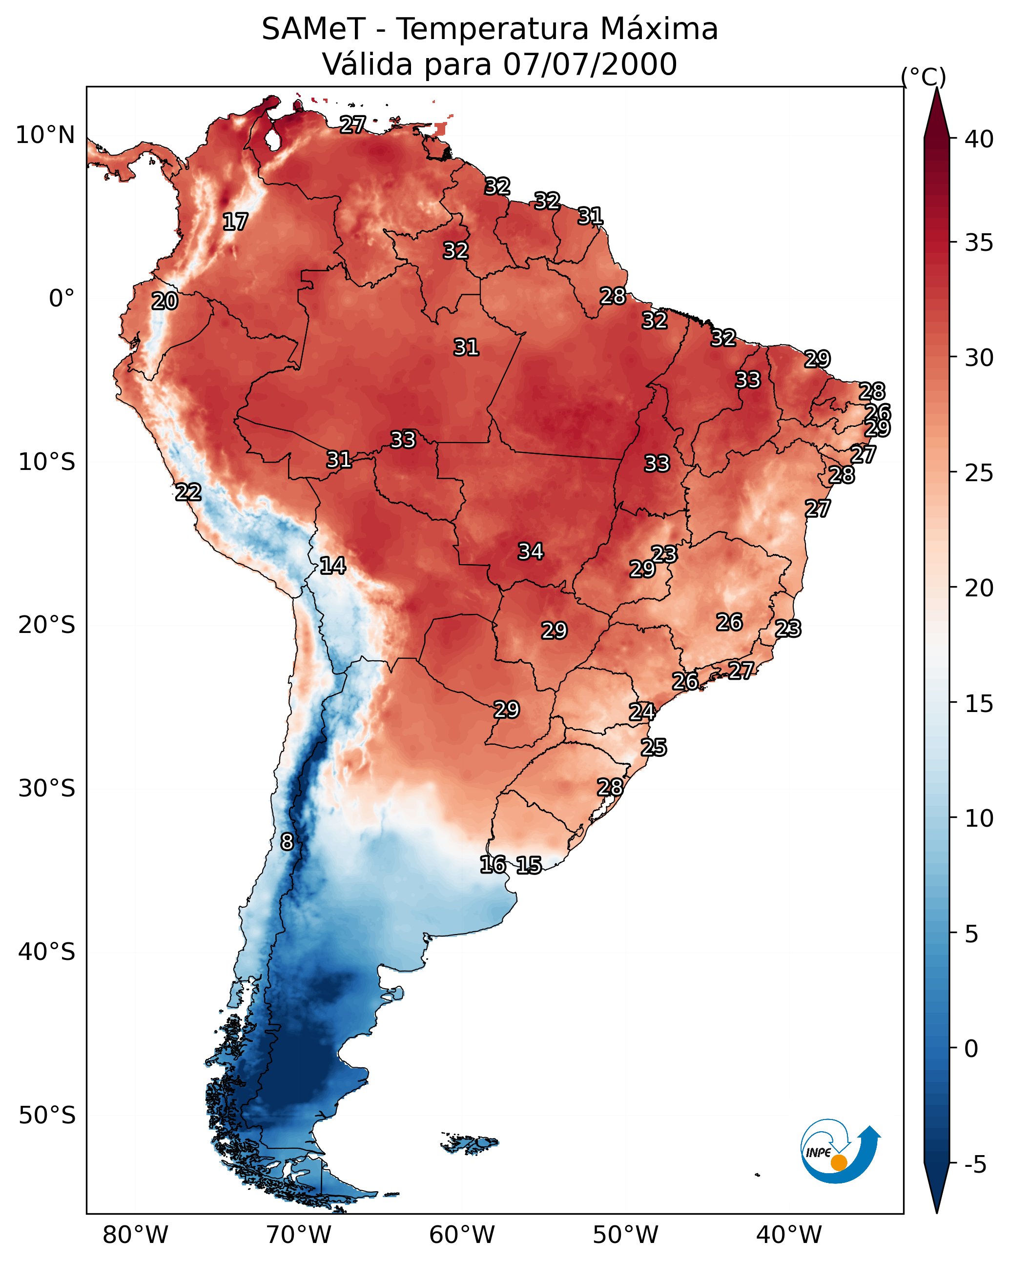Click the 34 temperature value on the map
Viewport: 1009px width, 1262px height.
tap(531, 551)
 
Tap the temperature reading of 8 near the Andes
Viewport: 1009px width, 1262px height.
tap(287, 842)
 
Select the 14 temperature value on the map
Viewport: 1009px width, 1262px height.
tap(332, 566)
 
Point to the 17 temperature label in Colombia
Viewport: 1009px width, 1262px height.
tap(235, 222)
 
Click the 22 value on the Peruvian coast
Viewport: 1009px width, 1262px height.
tap(188, 492)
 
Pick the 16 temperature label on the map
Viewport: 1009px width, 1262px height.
tap(493, 865)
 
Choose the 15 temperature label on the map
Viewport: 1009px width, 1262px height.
tap(529, 865)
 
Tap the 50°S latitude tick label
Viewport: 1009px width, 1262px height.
tap(47, 1116)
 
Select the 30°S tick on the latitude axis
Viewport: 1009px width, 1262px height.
tap(47, 789)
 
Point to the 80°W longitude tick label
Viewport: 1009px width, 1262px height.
tap(135, 1235)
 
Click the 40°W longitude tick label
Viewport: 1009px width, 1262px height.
tap(789, 1235)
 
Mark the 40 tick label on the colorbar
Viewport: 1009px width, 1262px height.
tap(979, 139)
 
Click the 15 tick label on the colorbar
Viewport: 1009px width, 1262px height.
tap(979, 704)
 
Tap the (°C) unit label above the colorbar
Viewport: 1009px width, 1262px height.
tap(924, 77)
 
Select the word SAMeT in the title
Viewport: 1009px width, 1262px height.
tap(313, 29)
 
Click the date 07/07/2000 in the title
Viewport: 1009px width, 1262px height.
tap(590, 64)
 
